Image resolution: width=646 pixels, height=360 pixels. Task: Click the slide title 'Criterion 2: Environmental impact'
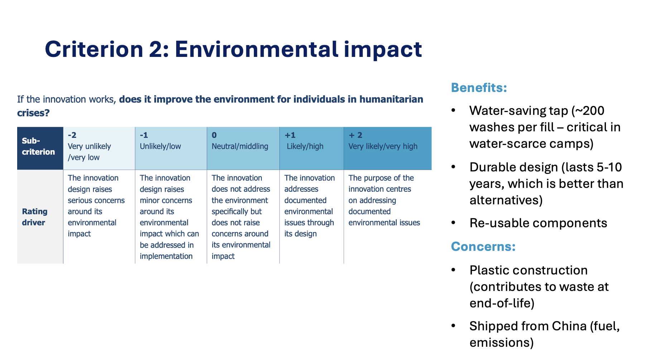(x=233, y=49)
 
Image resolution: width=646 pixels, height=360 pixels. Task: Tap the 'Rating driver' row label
(x=35, y=217)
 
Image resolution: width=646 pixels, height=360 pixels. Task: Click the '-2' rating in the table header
(x=72, y=135)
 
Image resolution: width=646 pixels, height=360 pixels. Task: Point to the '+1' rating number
(x=290, y=135)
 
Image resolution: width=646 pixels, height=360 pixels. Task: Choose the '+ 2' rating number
(x=356, y=135)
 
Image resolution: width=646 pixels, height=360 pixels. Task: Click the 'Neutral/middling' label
(x=240, y=146)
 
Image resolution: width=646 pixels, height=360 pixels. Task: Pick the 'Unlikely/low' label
(x=160, y=146)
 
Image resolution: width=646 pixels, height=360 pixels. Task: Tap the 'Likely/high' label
(x=305, y=146)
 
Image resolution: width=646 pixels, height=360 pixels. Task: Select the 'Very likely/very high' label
(x=383, y=146)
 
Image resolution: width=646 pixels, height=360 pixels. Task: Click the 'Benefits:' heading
(x=479, y=88)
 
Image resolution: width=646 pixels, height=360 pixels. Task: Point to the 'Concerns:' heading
(x=483, y=247)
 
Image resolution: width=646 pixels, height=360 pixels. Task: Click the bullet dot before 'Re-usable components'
(x=454, y=223)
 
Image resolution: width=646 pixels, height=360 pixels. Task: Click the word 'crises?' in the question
(x=33, y=113)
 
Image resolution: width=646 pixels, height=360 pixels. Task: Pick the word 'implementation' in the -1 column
(x=166, y=256)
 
